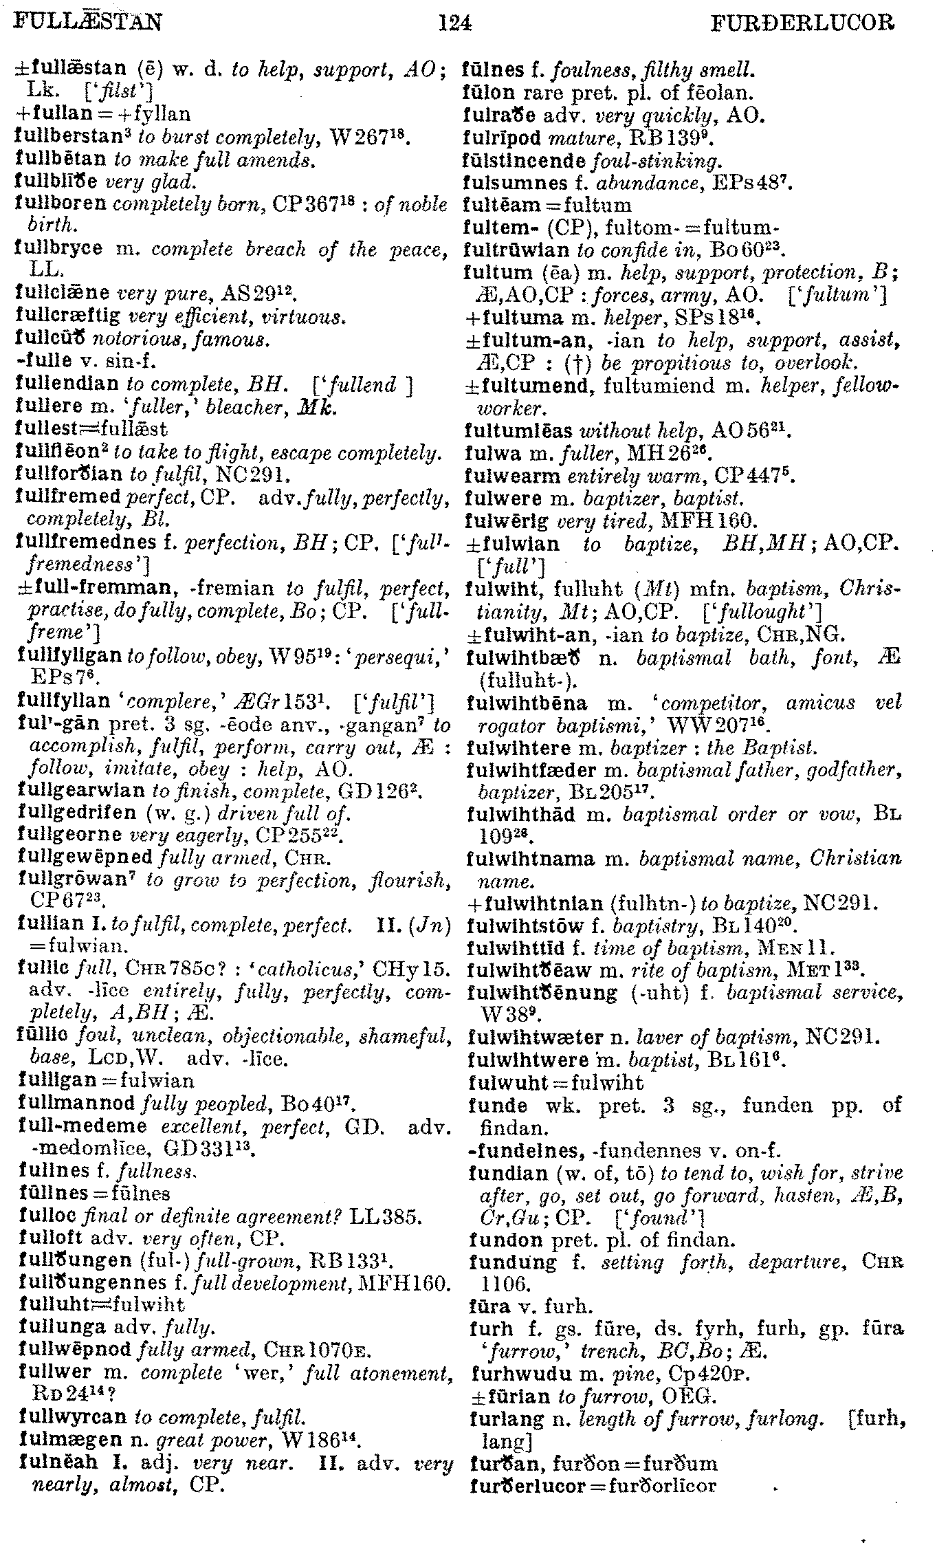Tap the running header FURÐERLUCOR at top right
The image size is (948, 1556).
tap(804, 25)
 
